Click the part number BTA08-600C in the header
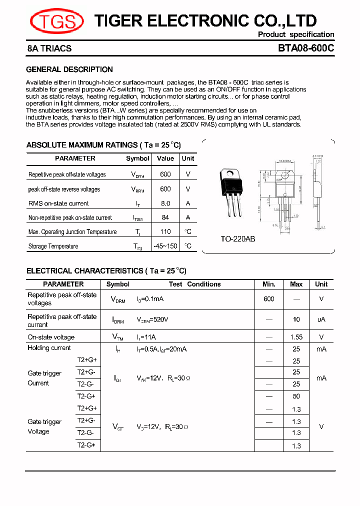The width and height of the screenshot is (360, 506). click(x=306, y=48)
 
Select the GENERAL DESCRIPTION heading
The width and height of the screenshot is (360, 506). click(x=69, y=69)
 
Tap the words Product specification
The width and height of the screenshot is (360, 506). click(x=296, y=34)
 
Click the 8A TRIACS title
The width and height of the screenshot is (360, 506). click(x=49, y=48)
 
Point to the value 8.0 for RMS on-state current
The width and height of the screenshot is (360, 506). click(x=165, y=203)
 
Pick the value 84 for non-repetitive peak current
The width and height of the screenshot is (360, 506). click(x=165, y=217)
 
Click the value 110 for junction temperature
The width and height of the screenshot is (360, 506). click(x=165, y=231)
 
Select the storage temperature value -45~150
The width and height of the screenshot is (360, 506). click(x=165, y=246)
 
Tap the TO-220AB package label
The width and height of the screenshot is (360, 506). click(x=238, y=239)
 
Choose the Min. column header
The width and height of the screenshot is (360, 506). click(x=269, y=284)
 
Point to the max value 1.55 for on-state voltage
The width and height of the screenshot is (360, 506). click(x=296, y=337)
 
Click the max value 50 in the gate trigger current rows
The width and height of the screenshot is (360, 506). click(x=296, y=396)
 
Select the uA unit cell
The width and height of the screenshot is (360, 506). click(x=321, y=319)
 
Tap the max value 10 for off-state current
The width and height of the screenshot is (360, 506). click(x=296, y=319)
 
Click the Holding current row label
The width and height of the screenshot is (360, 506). click(x=49, y=348)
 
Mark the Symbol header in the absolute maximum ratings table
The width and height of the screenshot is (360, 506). click(x=137, y=158)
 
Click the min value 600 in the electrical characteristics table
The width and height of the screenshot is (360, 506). click(x=269, y=298)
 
